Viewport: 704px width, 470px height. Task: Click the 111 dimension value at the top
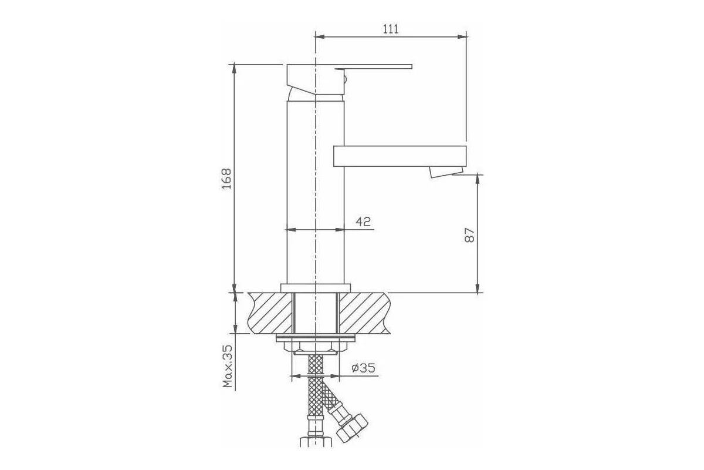pos(391,29)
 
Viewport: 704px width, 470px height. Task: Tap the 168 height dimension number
pos(226,179)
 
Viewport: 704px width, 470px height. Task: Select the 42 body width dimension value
pos(363,221)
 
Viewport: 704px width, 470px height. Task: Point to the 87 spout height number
pos(469,234)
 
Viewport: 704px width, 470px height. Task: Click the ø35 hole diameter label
pos(364,367)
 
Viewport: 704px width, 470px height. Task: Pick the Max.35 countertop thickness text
pos(227,366)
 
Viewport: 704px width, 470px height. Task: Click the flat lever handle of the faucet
pos(373,67)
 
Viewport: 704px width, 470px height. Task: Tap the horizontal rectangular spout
pos(400,156)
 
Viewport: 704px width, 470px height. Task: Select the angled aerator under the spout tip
pos(446,172)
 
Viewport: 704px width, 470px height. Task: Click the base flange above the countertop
pos(316,288)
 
